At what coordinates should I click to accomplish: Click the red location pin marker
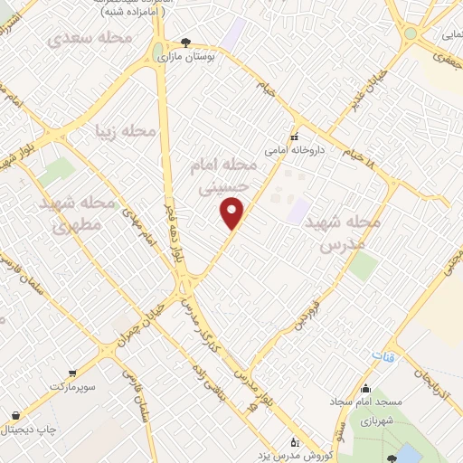232,213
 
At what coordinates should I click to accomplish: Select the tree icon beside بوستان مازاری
186,43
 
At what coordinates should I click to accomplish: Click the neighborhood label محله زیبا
126,132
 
